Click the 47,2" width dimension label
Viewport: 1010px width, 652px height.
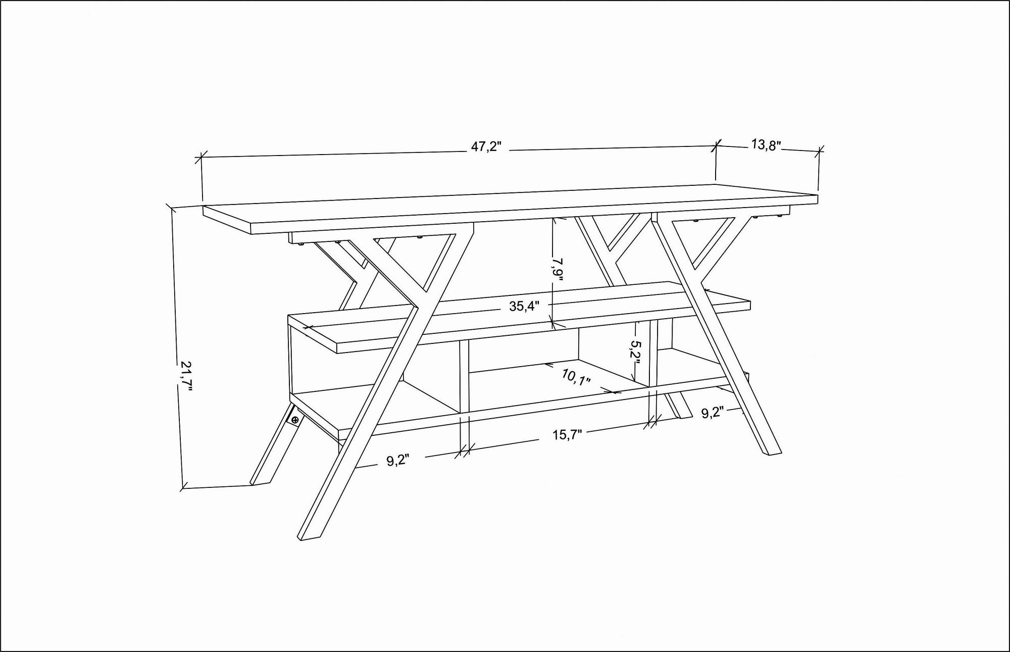click(486, 147)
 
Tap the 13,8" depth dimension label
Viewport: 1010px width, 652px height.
click(766, 145)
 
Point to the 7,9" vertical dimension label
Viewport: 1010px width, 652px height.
click(558, 269)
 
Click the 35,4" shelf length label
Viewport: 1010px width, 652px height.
click(524, 306)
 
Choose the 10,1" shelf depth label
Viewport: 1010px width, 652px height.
click(576, 377)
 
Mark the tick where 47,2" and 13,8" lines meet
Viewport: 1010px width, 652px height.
click(716, 146)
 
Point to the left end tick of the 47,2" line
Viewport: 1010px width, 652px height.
click(201, 158)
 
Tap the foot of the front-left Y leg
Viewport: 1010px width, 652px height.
click(310, 537)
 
